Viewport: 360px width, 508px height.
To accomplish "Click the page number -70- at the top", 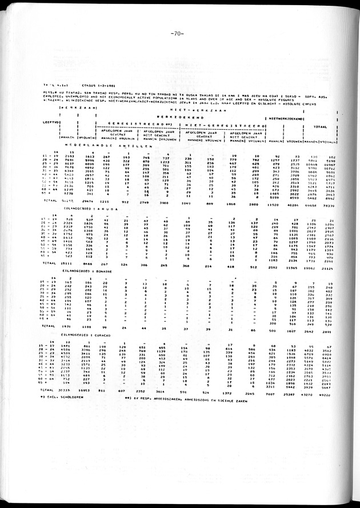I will [176, 34].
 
